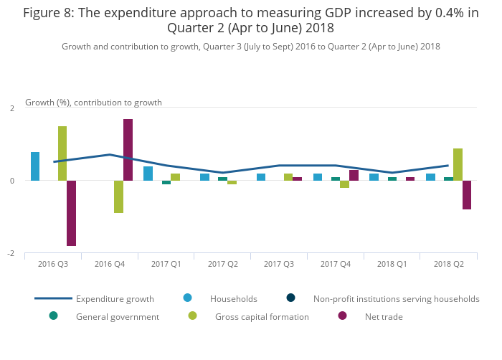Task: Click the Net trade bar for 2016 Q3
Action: [71, 213]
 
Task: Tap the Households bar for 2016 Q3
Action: [35, 166]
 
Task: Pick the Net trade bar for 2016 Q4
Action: [128, 150]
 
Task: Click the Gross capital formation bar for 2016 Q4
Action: [118, 196]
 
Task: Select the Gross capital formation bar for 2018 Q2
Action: [458, 165]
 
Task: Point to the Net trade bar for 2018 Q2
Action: [467, 195]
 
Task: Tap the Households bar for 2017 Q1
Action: [148, 174]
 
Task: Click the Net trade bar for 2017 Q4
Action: [354, 176]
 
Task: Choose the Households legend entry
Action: [233, 298]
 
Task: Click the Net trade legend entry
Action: [383, 316]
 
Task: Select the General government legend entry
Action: [117, 316]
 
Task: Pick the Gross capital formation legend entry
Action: [262, 316]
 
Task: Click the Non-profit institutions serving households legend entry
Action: [396, 298]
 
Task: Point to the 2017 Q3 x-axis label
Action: [278, 264]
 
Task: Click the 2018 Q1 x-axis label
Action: [392, 264]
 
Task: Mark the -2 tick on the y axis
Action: [11, 253]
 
